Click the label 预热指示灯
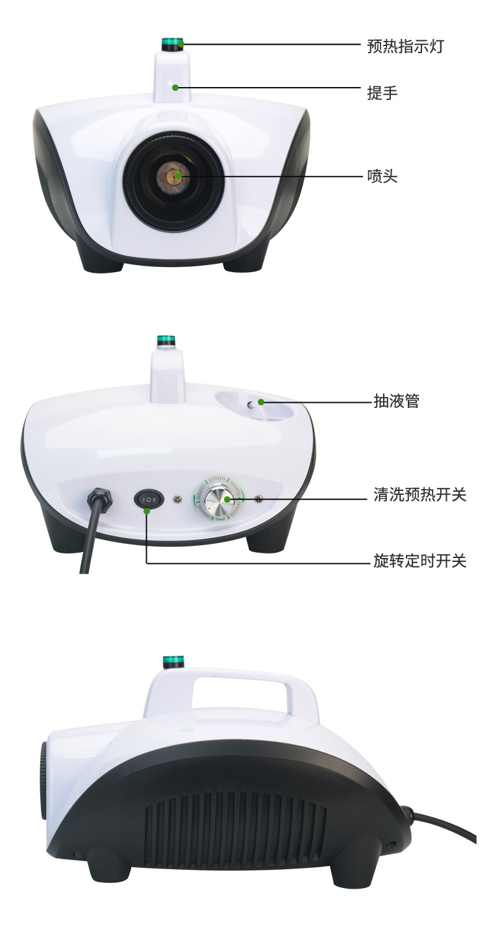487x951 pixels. click(x=405, y=46)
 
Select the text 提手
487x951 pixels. click(x=382, y=93)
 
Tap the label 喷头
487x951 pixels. click(x=382, y=176)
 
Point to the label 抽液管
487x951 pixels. click(x=396, y=401)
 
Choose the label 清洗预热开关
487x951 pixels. click(x=419, y=495)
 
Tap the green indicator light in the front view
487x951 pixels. click(x=173, y=45)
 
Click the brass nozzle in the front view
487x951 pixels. click(x=174, y=176)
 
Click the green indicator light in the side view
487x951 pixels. click(x=173, y=662)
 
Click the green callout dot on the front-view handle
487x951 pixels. click(x=175, y=86)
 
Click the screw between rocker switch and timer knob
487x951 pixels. click(x=177, y=499)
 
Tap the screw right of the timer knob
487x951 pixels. click(x=258, y=499)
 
